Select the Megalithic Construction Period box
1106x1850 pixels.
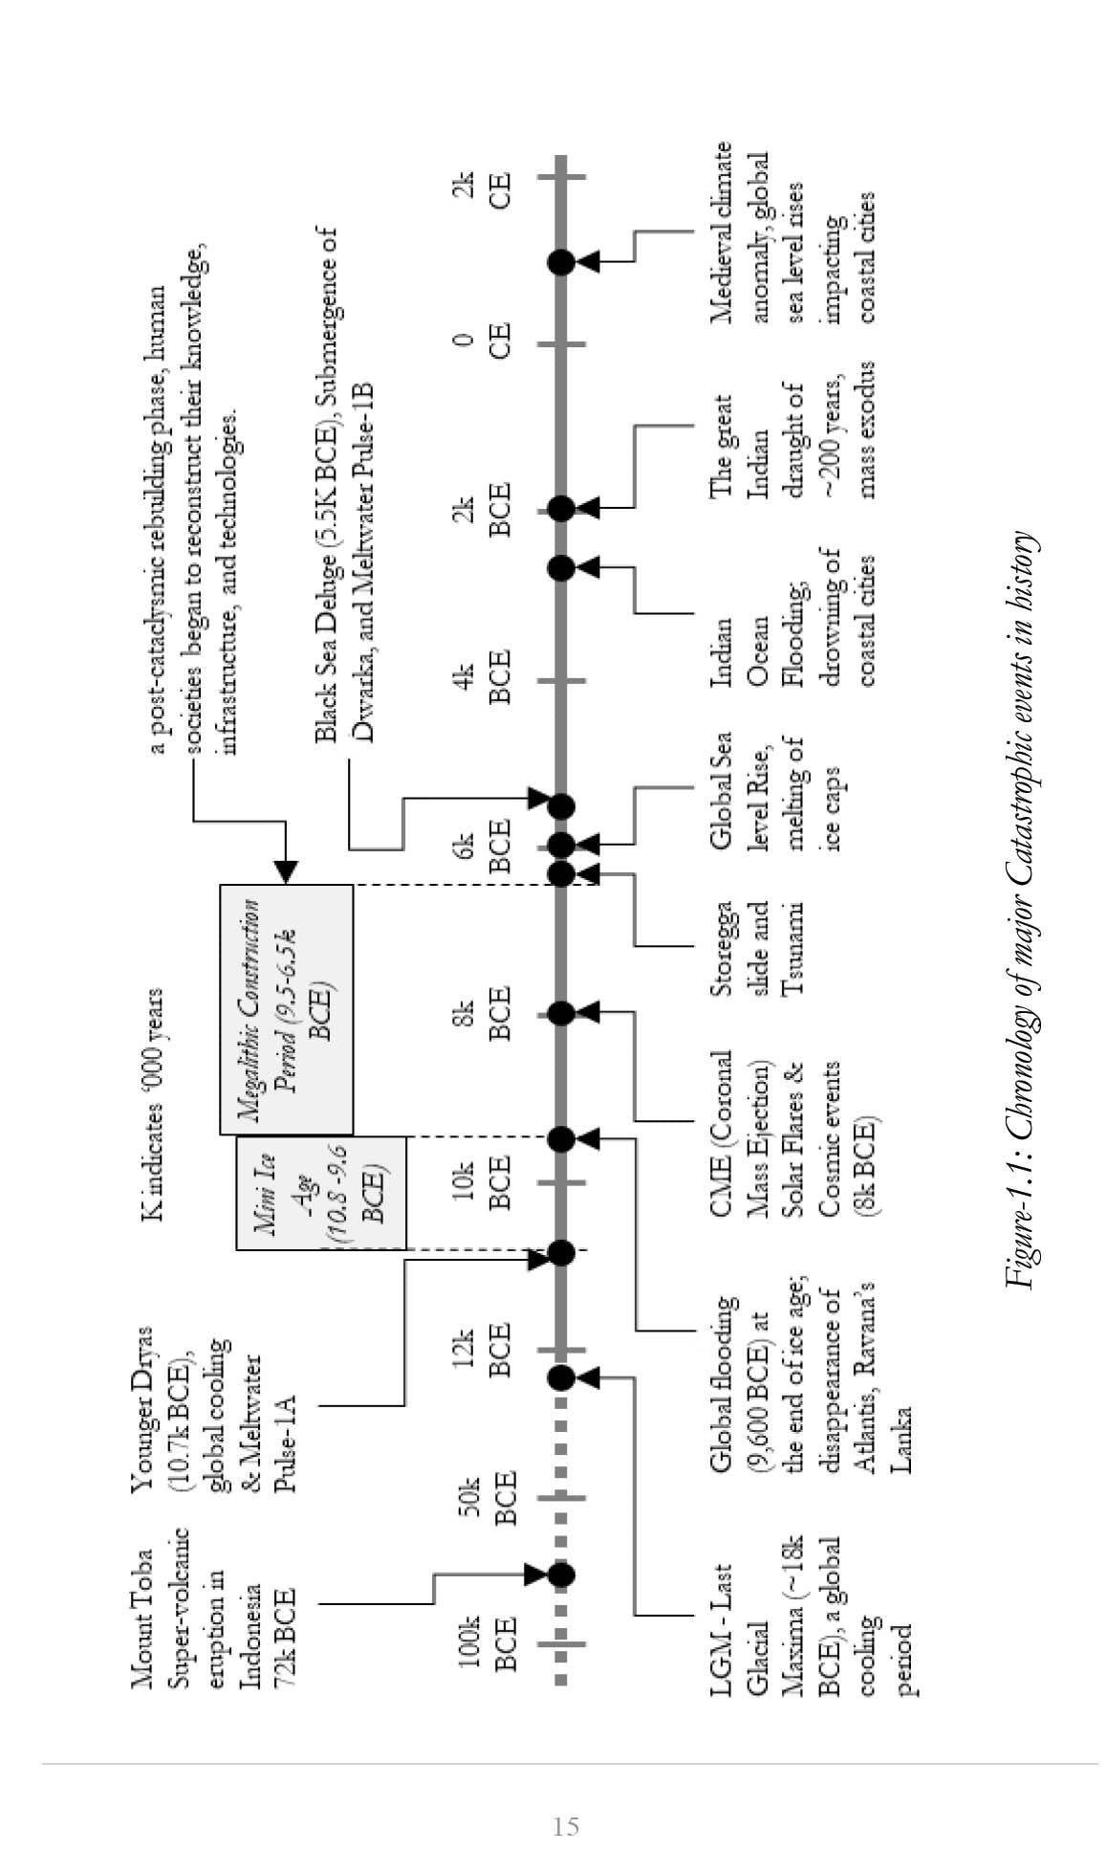pos(286,1008)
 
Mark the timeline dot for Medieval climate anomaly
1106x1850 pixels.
pos(561,261)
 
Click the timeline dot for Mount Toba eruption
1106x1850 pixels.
pos(561,1574)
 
